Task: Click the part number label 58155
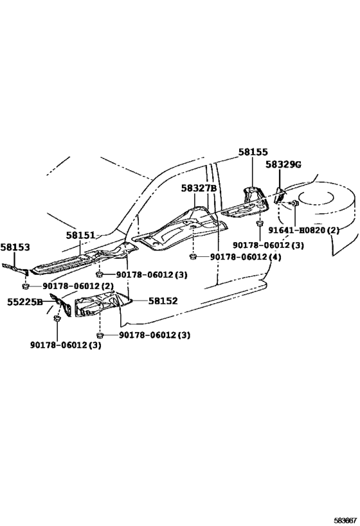pos(253,152)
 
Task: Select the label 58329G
pos(283,164)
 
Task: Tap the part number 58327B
pos(199,188)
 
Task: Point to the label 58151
pos(80,235)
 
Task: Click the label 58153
pos(15,247)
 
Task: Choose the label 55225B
pos(25,302)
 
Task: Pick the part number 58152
pos(163,301)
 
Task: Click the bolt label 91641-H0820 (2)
pos(303,231)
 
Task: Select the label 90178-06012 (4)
pos(246,257)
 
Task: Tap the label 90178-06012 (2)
pos(78,286)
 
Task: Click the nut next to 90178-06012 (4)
pos(193,257)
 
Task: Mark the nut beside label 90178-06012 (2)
pos(25,286)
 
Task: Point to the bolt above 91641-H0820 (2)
pos(294,203)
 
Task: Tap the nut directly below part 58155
pos(260,223)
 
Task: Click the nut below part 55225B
pos(57,318)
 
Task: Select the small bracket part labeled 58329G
pos(280,196)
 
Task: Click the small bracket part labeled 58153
pos(15,269)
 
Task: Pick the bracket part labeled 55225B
pos(61,304)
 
